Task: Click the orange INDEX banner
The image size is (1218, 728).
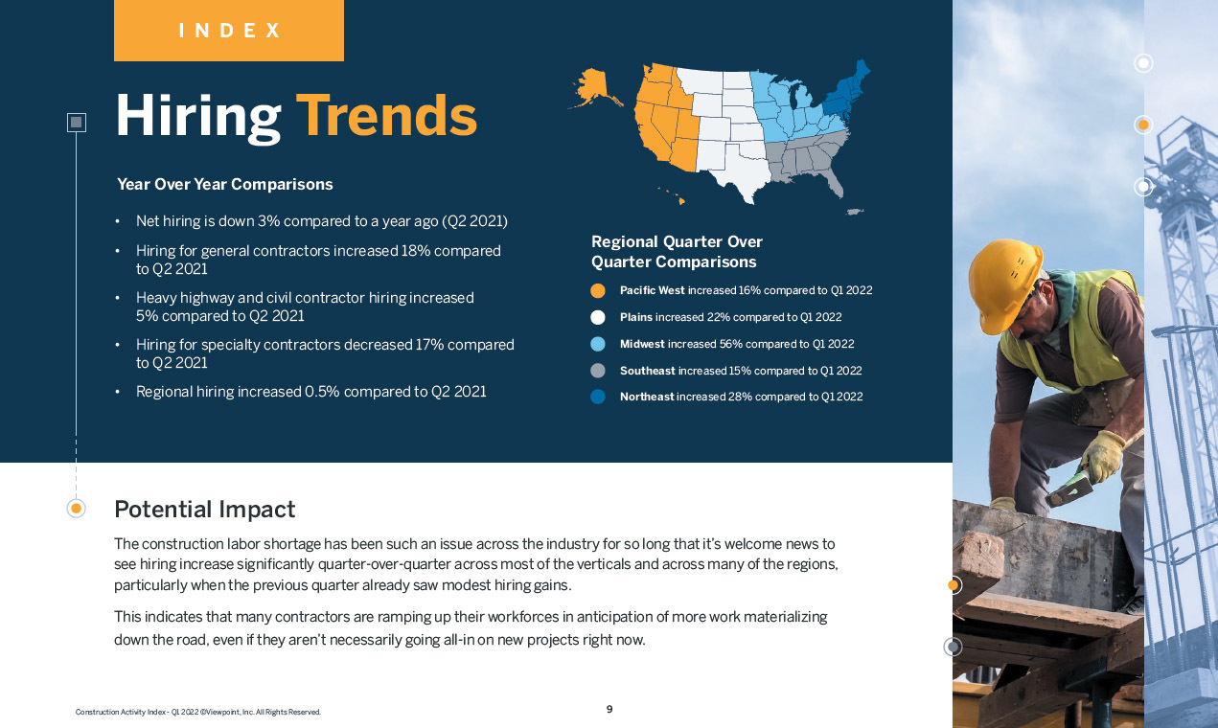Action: click(228, 31)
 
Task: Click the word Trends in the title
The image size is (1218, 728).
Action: click(386, 116)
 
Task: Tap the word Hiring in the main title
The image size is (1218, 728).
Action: click(197, 116)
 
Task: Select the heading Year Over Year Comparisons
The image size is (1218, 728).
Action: click(225, 184)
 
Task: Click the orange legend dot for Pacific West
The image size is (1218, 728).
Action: click(598, 290)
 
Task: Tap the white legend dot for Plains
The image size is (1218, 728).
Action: click(598, 317)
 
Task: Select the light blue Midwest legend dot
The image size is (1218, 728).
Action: click(598, 344)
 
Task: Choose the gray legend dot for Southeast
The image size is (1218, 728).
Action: click(598, 371)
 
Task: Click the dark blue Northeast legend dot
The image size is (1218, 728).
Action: click(598, 397)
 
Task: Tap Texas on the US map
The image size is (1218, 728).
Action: click(738, 172)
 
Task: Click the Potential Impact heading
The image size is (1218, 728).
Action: click(204, 509)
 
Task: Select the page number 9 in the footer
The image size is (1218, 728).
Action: click(609, 710)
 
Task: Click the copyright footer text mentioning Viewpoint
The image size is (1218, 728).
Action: click(197, 712)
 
